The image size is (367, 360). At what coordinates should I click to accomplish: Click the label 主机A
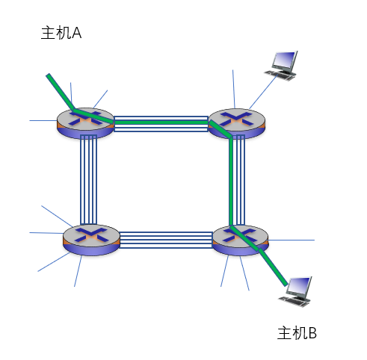click(61, 33)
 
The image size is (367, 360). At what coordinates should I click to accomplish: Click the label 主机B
click(297, 333)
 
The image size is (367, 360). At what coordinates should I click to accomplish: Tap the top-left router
click(85, 123)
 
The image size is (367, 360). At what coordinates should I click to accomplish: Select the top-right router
click(236, 123)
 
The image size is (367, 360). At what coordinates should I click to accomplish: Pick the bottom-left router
click(91, 240)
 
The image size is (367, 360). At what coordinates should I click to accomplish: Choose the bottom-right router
click(241, 240)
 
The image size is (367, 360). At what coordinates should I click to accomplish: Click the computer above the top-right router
click(281, 66)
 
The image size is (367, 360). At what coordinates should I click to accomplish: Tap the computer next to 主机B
click(295, 291)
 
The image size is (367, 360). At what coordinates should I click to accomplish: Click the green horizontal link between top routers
click(161, 122)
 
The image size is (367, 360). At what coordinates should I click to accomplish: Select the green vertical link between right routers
click(231, 181)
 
